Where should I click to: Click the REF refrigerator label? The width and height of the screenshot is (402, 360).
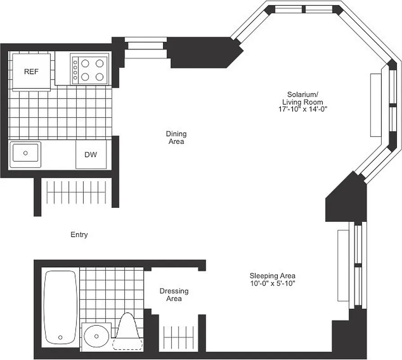(x=31, y=72)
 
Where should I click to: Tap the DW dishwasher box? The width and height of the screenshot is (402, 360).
(x=91, y=155)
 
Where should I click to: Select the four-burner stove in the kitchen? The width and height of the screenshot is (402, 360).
(x=90, y=69)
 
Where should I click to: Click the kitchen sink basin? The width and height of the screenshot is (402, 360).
(x=26, y=153)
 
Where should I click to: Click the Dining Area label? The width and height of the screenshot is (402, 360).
(x=176, y=137)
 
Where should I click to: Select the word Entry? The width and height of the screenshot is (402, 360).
(x=79, y=234)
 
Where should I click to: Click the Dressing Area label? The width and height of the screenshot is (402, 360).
(x=174, y=295)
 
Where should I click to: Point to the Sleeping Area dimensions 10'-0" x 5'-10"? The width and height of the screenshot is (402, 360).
(x=273, y=283)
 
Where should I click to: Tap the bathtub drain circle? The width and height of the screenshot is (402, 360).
(x=60, y=337)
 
